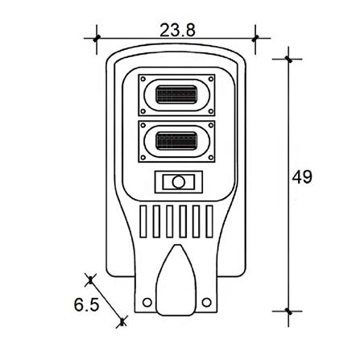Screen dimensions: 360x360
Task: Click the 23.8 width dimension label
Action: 177,30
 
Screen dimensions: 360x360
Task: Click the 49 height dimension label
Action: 302,177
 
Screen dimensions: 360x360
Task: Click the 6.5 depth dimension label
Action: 86,304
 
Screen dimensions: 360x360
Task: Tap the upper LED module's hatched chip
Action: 176,95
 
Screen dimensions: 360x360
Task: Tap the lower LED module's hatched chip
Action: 176,141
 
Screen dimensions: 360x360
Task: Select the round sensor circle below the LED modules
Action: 178,182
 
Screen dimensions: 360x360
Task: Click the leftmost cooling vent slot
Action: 143,221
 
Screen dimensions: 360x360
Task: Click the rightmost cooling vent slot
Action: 209,221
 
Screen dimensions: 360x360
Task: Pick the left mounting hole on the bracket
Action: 147,302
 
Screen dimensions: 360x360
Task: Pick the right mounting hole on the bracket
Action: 206,302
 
